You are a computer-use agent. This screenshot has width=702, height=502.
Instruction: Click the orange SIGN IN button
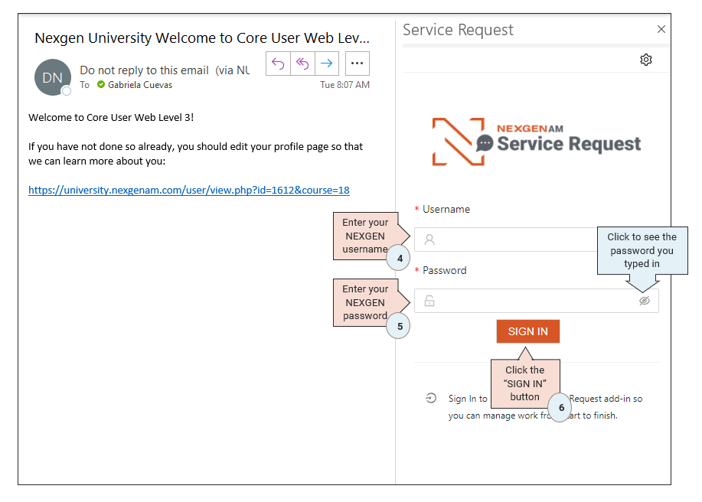(x=527, y=331)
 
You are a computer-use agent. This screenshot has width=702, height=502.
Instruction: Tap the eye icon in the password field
(x=645, y=301)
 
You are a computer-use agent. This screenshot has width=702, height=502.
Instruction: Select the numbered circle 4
(x=399, y=259)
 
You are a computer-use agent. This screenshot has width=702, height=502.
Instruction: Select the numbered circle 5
(x=399, y=326)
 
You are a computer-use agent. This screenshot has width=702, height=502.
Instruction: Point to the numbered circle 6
(x=560, y=408)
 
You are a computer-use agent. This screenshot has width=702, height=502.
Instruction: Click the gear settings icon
(x=646, y=60)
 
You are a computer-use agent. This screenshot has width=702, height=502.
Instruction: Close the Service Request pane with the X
(x=661, y=30)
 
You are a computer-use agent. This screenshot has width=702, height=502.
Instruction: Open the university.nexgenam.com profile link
(x=189, y=190)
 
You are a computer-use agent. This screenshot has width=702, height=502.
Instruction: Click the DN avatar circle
(x=52, y=77)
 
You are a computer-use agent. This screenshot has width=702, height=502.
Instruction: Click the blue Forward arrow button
(x=326, y=64)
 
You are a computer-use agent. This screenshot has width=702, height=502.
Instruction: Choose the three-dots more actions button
(x=358, y=64)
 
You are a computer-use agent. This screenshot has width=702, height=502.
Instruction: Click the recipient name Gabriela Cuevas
(x=139, y=85)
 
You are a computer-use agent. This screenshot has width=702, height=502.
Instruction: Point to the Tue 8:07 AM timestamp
(x=344, y=85)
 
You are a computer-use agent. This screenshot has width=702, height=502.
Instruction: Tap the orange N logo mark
(x=458, y=142)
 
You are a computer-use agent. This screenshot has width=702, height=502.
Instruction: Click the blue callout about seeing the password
(x=642, y=250)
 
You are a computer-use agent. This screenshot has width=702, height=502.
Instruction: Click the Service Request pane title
(x=458, y=30)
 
